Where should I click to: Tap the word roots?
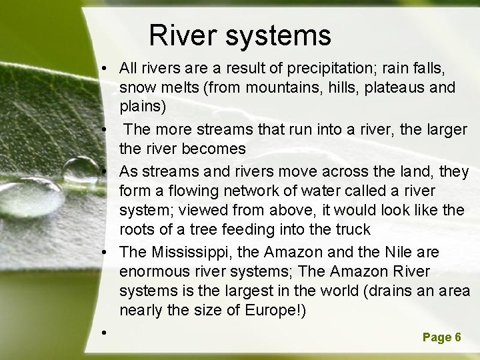pyautogui.click(x=137, y=231)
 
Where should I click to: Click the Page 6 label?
pyautogui.click(x=441, y=337)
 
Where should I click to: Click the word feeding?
pyautogui.click(x=245, y=231)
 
